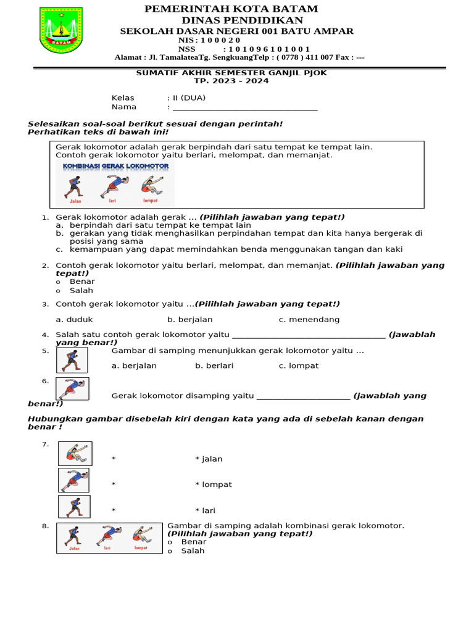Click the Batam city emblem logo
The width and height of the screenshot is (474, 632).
(x=60, y=30)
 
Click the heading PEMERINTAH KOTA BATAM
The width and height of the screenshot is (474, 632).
(x=231, y=9)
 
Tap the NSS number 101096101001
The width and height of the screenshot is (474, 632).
(x=269, y=49)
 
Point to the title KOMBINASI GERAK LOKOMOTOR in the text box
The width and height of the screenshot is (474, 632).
(x=115, y=166)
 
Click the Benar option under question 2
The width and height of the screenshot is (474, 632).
(x=82, y=281)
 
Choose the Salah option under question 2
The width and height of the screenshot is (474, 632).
(x=81, y=290)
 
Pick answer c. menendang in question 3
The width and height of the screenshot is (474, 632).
(x=309, y=320)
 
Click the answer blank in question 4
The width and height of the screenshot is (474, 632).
(x=308, y=335)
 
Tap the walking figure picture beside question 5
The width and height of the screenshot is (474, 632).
(x=72, y=360)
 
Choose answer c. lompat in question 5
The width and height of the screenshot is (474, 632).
(x=299, y=365)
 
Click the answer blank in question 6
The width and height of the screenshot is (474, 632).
(x=303, y=396)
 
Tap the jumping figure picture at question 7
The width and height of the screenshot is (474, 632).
(x=75, y=454)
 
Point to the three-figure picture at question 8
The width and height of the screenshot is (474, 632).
(x=109, y=538)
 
